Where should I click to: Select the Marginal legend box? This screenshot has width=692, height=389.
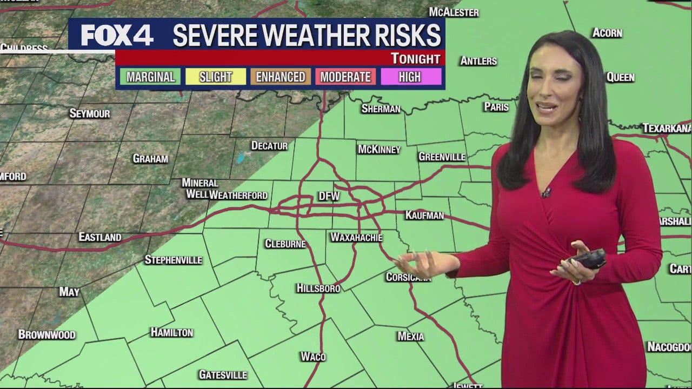click(151, 77)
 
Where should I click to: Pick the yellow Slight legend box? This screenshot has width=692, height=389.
click(216, 77)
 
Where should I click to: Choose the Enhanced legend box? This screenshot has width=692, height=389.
click(281, 77)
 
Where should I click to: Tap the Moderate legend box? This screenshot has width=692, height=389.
click(345, 77)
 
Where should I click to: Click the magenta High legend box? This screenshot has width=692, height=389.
click(410, 77)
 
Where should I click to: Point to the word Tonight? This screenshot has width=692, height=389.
click(415, 58)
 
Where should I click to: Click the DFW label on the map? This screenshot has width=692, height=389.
click(329, 197)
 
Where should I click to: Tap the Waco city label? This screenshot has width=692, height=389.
click(313, 357)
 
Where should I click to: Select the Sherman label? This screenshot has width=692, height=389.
click(381, 109)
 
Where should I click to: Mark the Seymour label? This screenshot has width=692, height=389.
click(90, 113)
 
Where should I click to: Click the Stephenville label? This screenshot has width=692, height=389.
click(173, 260)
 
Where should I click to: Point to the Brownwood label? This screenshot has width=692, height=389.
click(46, 334)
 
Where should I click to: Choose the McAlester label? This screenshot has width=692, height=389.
click(454, 12)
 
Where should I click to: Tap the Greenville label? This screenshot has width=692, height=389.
click(442, 157)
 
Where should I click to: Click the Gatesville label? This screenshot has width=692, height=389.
click(223, 374)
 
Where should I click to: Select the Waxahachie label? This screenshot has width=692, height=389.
click(356, 237)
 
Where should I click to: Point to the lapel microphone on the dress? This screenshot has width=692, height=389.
click(547, 192)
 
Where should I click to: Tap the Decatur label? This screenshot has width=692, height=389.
click(269, 146)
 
